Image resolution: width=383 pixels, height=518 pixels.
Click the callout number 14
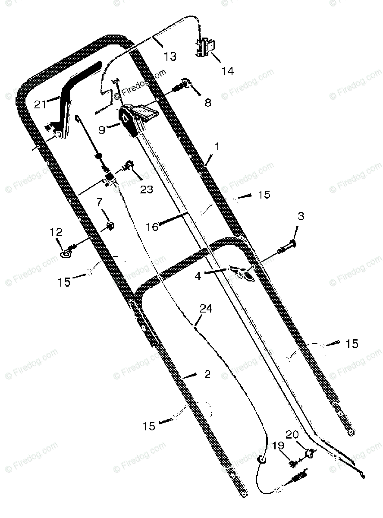[227, 71]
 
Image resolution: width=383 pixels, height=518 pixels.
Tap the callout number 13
[170, 56]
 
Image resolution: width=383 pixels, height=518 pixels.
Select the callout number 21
[41, 104]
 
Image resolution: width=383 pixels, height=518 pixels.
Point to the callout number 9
[102, 129]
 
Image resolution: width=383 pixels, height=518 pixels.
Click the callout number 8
[208, 103]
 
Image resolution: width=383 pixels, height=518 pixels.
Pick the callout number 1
[217, 147]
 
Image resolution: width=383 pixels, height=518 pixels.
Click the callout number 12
[56, 232]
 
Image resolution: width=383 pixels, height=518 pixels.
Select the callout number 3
[301, 216]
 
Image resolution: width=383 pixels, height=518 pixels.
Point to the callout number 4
[198, 276]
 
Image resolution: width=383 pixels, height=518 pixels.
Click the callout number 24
[206, 309]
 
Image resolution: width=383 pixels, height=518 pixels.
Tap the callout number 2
[207, 374]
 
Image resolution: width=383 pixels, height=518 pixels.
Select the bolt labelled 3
[286, 248]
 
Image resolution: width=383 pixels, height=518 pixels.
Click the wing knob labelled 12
[66, 254]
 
